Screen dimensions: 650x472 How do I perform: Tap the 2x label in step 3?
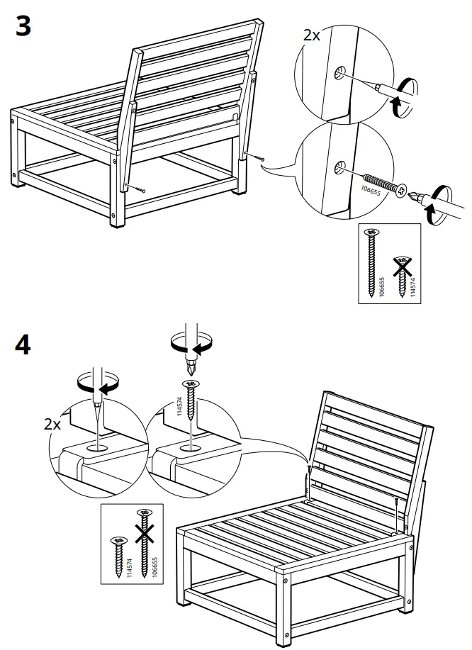(x=311, y=35)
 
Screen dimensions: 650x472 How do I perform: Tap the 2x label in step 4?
(x=52, y=425)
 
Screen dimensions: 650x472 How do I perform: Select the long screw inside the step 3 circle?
(x=382, y=183)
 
